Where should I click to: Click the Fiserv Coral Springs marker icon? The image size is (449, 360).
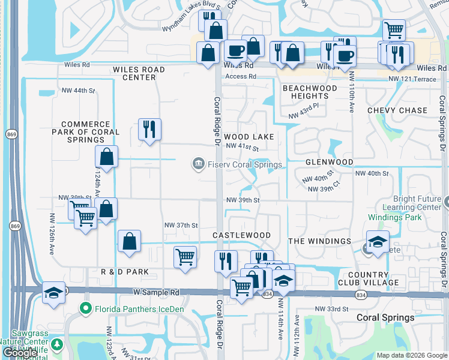coord(197,164)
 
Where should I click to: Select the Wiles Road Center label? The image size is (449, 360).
coord(139,73)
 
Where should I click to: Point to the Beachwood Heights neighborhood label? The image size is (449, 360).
coord(310,92)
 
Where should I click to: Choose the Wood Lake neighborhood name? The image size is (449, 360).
coord(249,137)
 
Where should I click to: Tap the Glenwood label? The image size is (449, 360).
coord(329,162)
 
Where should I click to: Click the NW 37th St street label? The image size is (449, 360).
coord(181,225)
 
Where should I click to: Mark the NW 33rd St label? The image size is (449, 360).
coord(332,309)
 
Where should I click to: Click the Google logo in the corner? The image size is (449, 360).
coord(20,353)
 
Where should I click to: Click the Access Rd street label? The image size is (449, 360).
coord(241,77)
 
